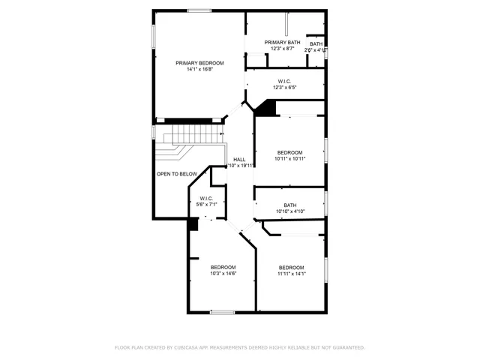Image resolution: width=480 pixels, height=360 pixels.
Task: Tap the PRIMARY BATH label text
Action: click(283, 42)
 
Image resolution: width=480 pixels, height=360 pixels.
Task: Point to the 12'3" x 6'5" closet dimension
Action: click(284, 88)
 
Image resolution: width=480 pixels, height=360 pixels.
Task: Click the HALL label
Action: click(239, 159)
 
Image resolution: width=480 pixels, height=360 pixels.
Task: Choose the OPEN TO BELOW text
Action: click(177, 174)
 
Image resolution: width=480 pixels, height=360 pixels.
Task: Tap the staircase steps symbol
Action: click(194, 136)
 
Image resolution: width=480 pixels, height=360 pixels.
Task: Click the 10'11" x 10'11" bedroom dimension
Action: click(289, 158)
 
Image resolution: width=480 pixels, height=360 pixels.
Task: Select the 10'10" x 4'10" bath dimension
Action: click(289, 211)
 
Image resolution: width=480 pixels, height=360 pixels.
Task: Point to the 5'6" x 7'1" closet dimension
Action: click(206, 205)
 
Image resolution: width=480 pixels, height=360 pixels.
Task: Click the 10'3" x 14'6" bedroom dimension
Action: click(223, 274)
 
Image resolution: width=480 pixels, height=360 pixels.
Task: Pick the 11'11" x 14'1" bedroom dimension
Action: click(291, 274)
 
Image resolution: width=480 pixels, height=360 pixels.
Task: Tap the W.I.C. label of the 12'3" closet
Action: click(284, 81)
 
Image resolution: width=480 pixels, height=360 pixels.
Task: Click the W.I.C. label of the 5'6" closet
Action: click(206, 198)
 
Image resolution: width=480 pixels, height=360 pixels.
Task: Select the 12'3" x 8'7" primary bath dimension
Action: click(283, 49)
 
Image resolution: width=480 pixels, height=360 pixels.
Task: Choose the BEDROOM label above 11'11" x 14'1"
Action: click(291, 267)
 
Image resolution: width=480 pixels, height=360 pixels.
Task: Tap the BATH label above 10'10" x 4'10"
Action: click(289, 205)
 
